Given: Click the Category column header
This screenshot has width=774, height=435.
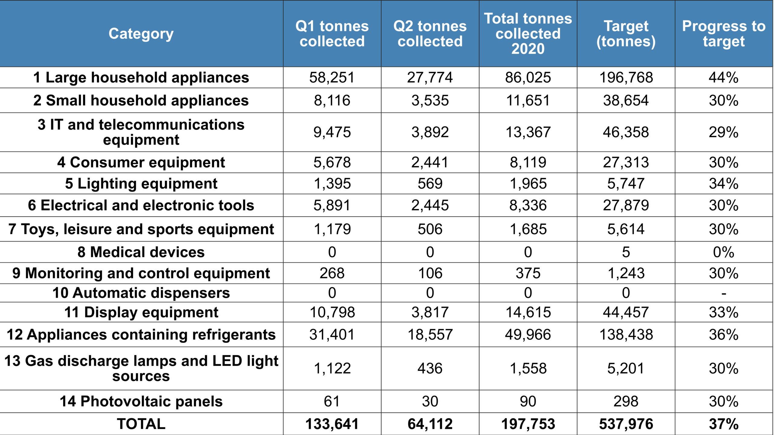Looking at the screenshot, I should click(141, 34).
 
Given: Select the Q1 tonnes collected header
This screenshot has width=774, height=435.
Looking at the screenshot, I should click(332, 34).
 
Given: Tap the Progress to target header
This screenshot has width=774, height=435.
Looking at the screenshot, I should click(724, 34).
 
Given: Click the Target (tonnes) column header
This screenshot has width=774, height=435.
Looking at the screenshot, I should click(626, 34).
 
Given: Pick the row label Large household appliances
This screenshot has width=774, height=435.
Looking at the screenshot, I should click(141, 78).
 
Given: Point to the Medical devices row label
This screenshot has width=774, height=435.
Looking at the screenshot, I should click(141, 252).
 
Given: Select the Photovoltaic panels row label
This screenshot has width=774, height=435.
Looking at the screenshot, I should click(141, 401).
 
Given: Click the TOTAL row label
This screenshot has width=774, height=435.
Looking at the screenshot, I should click(141, 424).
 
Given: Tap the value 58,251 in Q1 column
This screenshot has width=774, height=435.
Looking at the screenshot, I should click(332, 78).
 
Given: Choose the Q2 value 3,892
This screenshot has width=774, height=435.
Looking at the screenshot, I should click(430, 132).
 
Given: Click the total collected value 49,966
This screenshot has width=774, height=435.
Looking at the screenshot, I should click(528, 335).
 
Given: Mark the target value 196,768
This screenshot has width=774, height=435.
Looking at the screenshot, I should click(626, 78).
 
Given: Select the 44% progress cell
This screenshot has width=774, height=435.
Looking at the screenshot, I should click(724, 78).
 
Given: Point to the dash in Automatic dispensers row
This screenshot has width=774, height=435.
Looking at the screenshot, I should click(724, 293).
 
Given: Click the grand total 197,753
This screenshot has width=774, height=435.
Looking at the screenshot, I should click(528, 424).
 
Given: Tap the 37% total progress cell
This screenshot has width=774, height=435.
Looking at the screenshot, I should click(724, 424).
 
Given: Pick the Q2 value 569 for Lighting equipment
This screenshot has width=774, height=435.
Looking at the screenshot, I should click(430, 184).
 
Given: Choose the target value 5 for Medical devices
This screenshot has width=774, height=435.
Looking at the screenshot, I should click(626, 252).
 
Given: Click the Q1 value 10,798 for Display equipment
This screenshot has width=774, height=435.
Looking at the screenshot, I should click(332, 312).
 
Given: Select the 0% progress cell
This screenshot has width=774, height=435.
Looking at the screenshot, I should click(724, 252).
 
